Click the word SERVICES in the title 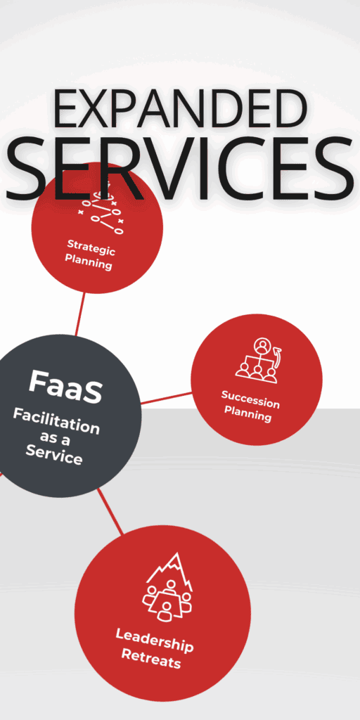(179, 167)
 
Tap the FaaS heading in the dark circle (65, 387)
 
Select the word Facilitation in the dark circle (56, 421)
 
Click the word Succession (250, 399)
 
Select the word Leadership (154, 640)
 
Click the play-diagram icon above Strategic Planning (102, 213)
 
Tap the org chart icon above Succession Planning (258, 361)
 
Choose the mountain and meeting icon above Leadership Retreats (167, 587)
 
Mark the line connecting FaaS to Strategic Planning (80, 314)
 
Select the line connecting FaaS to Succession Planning (166, 398)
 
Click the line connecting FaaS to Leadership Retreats (110, 512)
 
